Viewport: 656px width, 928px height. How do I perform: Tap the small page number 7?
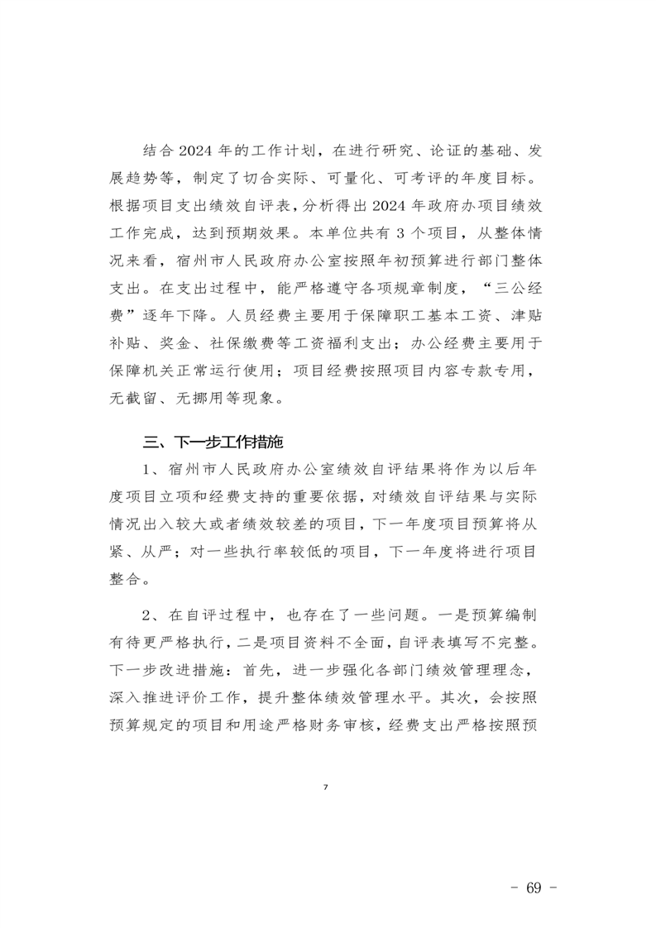pos(326,786)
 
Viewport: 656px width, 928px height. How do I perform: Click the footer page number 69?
pos(532,888)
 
